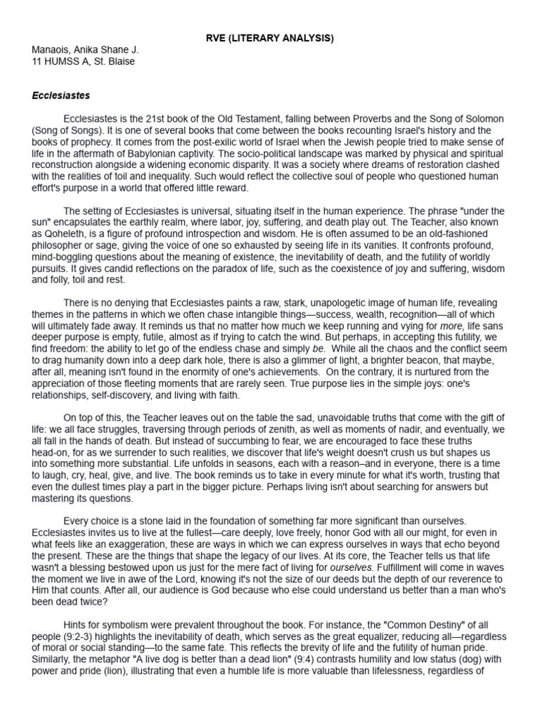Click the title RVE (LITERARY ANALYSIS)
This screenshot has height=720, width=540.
270,38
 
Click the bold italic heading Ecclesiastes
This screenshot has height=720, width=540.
61,95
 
